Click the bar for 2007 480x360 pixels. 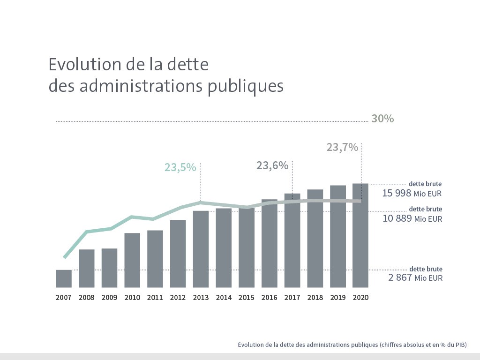[x=64, y=278]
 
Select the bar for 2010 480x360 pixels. [x=132, y=260]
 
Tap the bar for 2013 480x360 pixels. [x=201, y=249]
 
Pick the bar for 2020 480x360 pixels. [x=360, y=235]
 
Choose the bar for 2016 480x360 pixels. [x=269, y=243]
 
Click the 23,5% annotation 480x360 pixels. [x=180, y=167]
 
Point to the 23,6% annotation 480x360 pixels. [x=272, y=165]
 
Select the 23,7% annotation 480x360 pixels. [x=342, y=148]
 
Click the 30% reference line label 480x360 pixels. [x=382, y=119]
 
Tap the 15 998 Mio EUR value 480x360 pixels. [x=412, y=193]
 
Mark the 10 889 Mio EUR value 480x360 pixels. [x=412, y=218]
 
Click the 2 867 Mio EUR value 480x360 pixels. [x=415, y=278]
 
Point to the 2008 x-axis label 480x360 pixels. [x=86, y=298]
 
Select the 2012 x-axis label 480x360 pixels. [x=178, y=298]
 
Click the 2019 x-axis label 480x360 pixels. [x=337, y=298]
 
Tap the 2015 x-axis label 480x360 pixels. [x=246, y=298]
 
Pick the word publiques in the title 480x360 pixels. [x=246, y=87]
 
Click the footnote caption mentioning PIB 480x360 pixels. [x=352, y=345]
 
